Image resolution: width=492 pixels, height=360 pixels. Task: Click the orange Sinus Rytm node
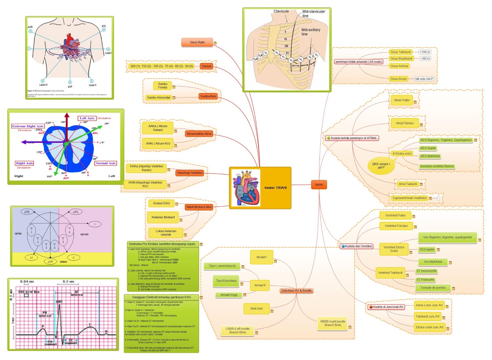[197, 42]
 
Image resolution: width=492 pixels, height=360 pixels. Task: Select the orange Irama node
[319, 185]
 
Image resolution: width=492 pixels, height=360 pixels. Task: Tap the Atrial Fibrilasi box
[404, 123]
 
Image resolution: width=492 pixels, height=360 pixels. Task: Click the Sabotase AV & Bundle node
[296, 290]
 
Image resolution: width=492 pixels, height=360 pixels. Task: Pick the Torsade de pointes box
[433, 288]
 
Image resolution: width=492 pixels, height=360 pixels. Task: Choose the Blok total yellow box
[256, 309]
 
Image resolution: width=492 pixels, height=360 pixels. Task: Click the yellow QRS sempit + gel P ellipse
[381, 166]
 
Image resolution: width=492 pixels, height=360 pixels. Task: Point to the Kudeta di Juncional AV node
[386, 307]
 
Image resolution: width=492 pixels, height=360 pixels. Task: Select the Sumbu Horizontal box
[158, 98]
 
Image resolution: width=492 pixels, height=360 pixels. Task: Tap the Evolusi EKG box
[161, 203]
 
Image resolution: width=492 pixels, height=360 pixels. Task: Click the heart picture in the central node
[246, 188]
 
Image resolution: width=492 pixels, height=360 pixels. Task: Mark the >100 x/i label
[425, 52]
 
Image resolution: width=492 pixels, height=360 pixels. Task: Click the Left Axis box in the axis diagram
[87, 118]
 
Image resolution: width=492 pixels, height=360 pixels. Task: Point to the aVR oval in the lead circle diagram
[27, 212]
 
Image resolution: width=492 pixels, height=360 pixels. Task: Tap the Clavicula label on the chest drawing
[281, 11]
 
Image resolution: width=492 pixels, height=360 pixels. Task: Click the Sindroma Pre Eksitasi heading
[162, 244]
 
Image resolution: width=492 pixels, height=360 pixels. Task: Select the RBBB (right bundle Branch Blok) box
[333, 323]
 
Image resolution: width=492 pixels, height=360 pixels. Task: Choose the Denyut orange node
[206, 66]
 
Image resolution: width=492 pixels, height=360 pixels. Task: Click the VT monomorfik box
[426, 271]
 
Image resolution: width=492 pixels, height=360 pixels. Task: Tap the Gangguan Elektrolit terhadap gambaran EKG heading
[161, 297]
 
